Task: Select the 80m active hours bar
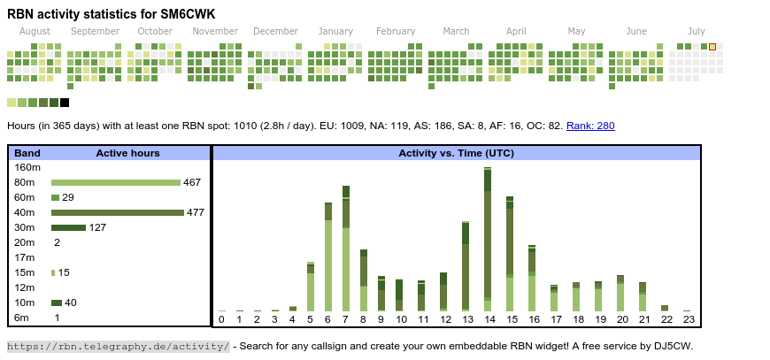pos(115,182)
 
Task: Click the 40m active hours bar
pos(117,212)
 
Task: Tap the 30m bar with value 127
pos(68,227)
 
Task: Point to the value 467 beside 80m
pos(192,182)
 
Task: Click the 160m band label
pos(27,167)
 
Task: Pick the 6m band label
pos(21,318)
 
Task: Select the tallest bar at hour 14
pos(488,239)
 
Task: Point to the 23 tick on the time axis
pos(689,319)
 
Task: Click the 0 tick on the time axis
pos(221,319)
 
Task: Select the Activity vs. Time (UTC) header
pos(456,153)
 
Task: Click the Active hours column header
pos(127,153)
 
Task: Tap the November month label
pos(215,31)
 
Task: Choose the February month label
pos(395,31)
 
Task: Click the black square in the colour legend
pos(65,103)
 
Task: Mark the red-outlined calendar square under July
pos(712,47)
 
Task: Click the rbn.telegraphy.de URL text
pos(119,346)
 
